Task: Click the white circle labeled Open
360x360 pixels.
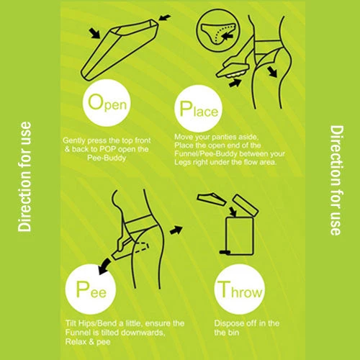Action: click(107, 103)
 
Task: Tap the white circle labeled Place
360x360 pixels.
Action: click(198, 109)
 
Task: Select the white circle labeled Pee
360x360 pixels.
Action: click(91, 289)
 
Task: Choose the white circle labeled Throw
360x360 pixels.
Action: click(239, 289)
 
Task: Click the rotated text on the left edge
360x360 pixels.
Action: click(24, 177)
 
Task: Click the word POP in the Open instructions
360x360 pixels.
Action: click(107, 149)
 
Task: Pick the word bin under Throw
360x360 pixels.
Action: click(233, 333)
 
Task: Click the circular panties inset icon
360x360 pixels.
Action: click(217, 31)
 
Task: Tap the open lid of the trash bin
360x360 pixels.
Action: click(246, 205)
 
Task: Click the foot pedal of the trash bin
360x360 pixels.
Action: click(225, 252)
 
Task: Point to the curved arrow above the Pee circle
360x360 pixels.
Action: click(104, 266)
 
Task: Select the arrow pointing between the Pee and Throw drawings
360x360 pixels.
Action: click(176, 230)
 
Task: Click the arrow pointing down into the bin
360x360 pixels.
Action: click(233, 211)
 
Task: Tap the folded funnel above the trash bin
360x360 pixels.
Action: click(211, 199)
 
